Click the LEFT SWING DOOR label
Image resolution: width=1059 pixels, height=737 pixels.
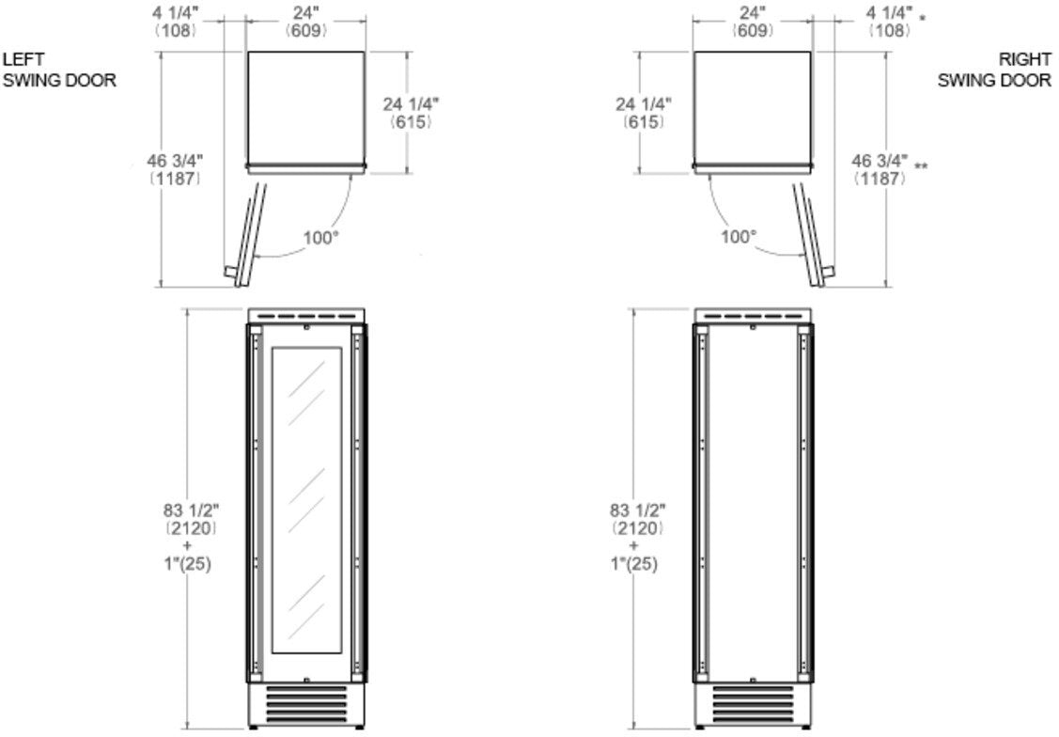pyautogui.click(x=59, y=70)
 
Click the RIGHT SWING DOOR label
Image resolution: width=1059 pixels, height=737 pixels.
pyautogui.click(x=994, y=70)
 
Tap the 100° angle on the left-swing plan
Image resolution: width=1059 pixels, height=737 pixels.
pyautogui.click(x=320, y=238)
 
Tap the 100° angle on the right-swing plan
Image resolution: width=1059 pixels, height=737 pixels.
pyautogui.click(x=739, y=237)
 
